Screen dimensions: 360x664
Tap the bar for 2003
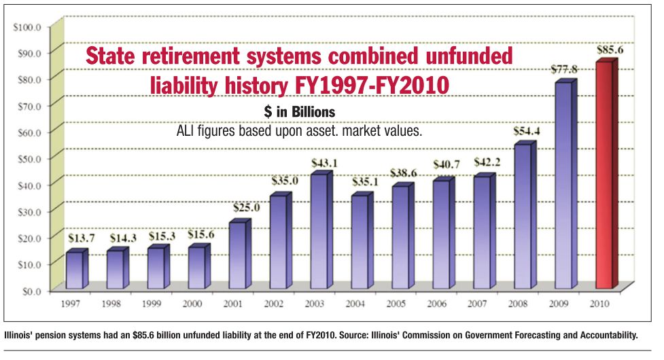(319, 231)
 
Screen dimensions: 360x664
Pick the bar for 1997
(75, 270)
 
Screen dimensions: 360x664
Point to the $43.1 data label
(323, 164)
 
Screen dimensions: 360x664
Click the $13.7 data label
(79, 238)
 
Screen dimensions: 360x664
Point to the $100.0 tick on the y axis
(28, 26)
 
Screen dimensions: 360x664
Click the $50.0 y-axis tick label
(29, 158)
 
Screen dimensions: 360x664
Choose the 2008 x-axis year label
(517, 303)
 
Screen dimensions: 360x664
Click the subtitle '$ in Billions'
(299, 111)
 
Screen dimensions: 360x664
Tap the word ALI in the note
(187, 131)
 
